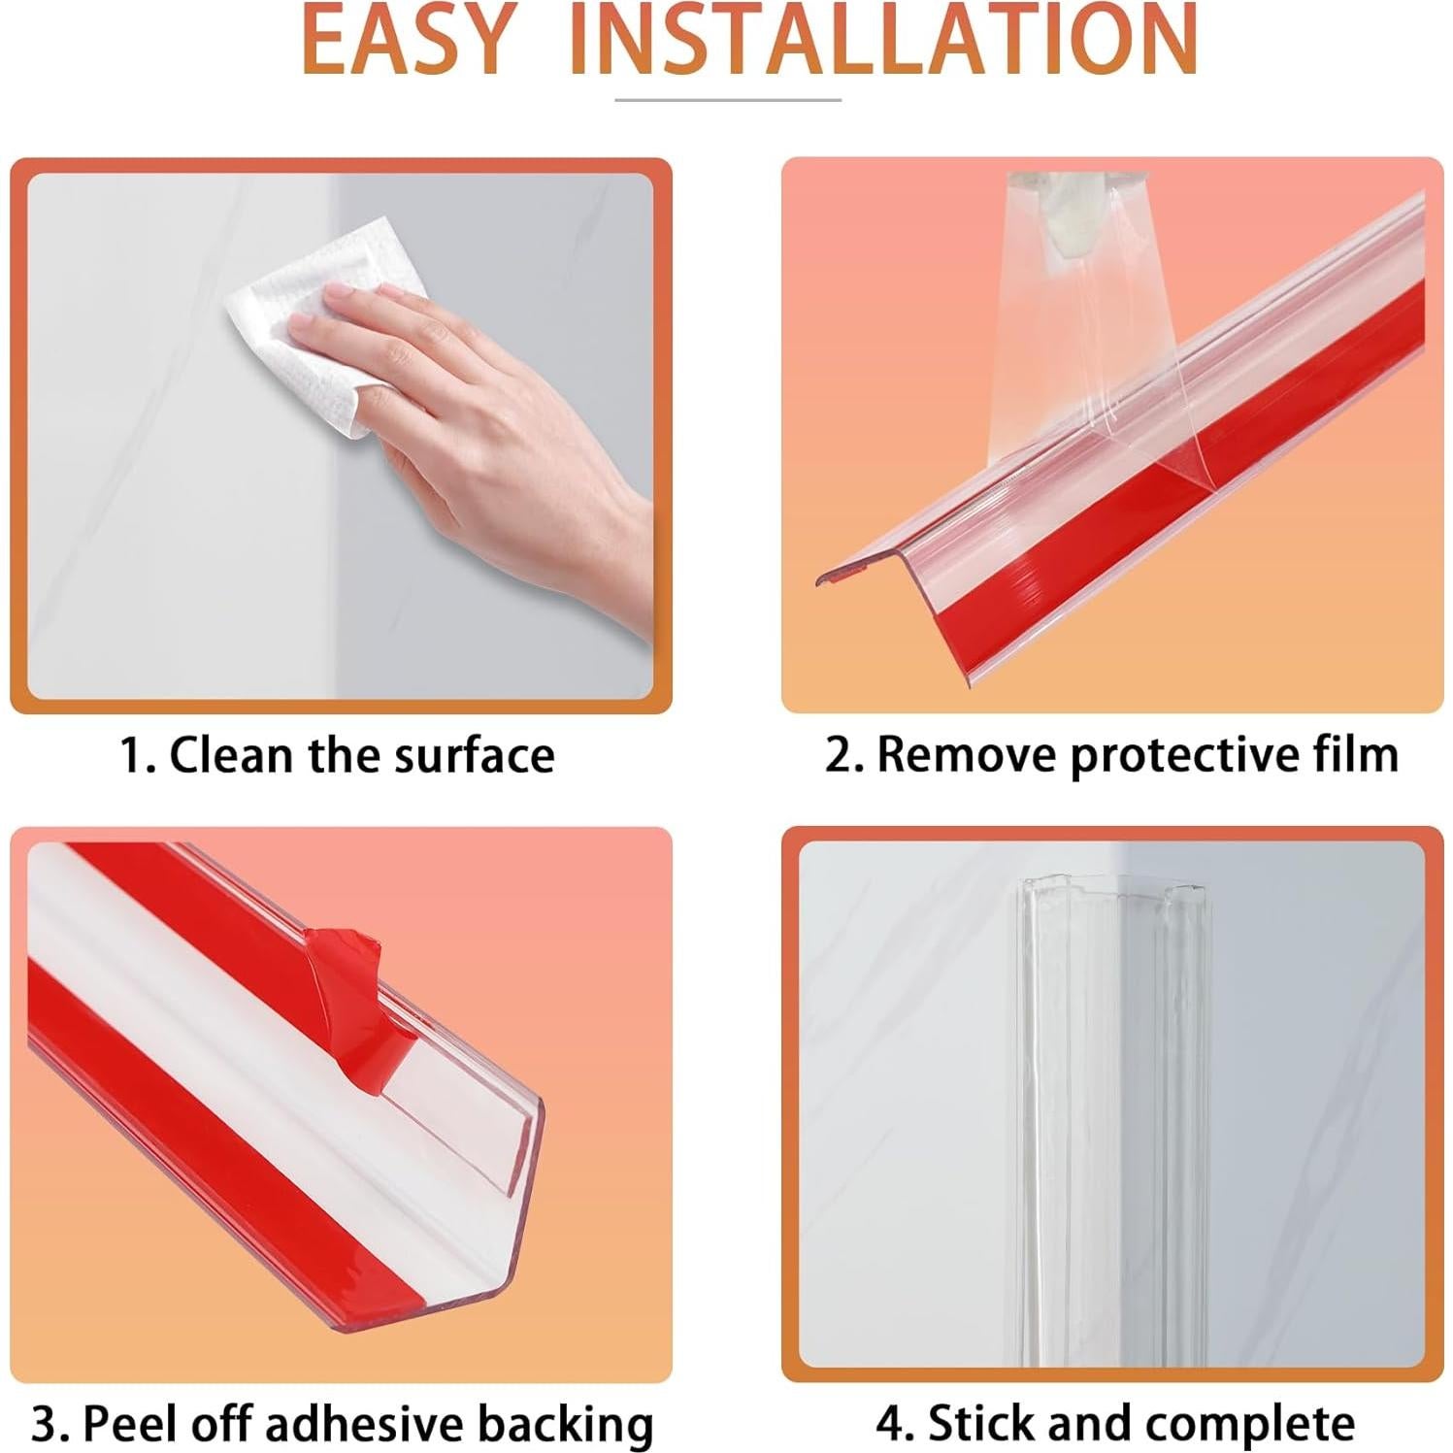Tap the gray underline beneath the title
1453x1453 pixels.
click(x=728, y=100)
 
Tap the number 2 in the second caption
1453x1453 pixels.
click(x=838, y=754)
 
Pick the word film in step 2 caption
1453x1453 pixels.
click(x=1354, y=754)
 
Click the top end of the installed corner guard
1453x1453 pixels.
click(x=1112, y=889)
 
